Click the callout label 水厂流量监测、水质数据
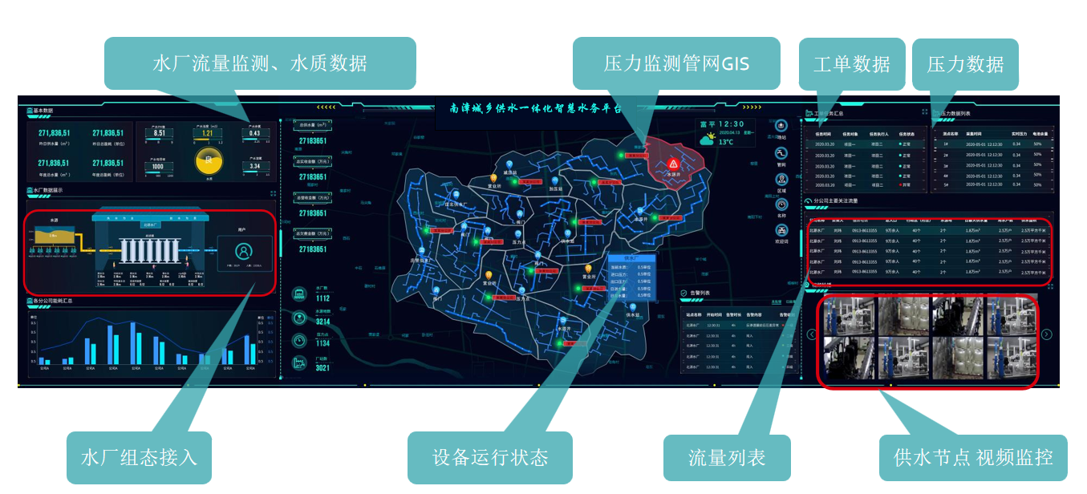(x=260, y=63)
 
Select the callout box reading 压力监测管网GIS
(x=676, y=63)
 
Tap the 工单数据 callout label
(x=851, y=64)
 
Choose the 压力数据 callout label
(x=965, y=64)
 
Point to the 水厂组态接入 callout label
(x=139, y=457)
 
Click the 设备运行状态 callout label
(x=490, y=457)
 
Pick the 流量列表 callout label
(x=727, y=458)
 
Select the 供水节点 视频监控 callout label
(x=973, y=457)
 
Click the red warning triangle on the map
(x=673, y=163)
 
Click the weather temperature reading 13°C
(x=726, y=142)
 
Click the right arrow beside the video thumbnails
(x=1046, y=334)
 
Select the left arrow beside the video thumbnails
(x=812, y=334)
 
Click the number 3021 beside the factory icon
(x=322, y=367)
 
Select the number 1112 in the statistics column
(x=322, y=298)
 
